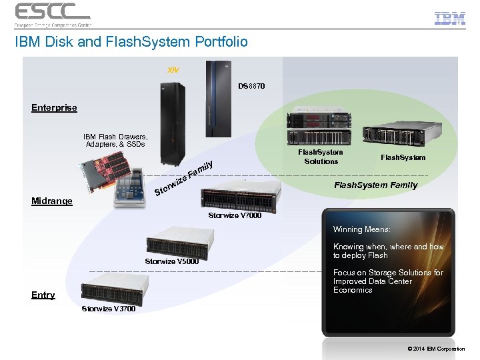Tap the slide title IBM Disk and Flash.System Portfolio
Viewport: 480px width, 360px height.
(x=131, y=42)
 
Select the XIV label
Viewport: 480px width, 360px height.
(x=173, y=69)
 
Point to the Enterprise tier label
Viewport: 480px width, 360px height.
(x=54, y=107)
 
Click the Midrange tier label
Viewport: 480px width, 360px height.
(x=51, y=201)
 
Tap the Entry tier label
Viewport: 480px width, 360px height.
(x=43, y=295)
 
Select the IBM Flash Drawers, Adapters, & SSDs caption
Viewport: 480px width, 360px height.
(x=115, y=141)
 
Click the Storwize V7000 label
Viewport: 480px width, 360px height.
(x=235, y=215)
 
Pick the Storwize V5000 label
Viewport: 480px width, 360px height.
(x=172, y=261)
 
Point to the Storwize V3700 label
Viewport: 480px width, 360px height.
(x=108, y=309)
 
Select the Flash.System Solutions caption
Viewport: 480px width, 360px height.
(x=321, y=157)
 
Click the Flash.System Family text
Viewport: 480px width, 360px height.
(x=375, y=185)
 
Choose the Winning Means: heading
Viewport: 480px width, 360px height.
(x=362, y=229)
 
